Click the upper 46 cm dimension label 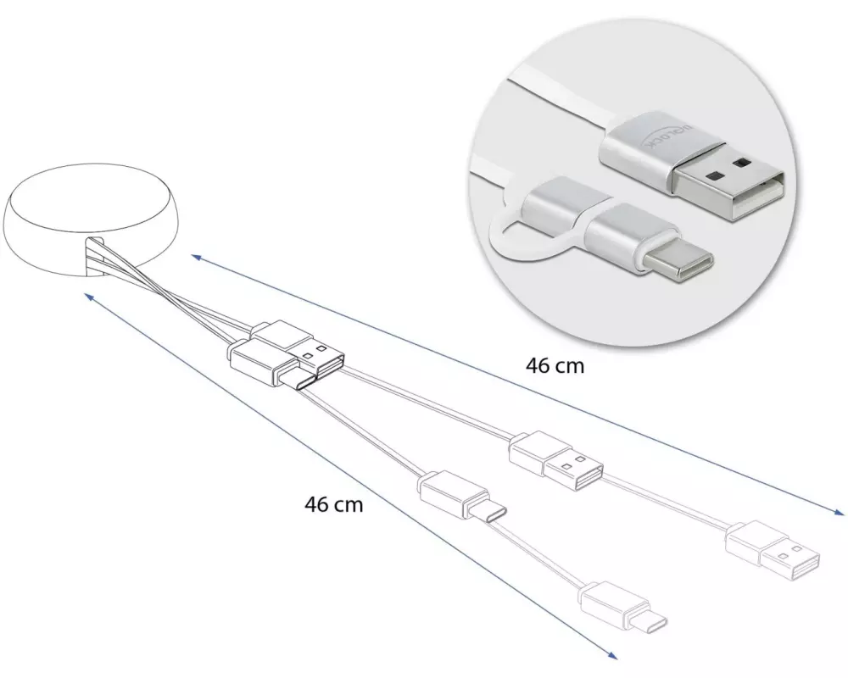555,366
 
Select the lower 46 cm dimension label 333,504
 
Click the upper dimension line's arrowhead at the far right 839,511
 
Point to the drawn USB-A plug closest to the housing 297,347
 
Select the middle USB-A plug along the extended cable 555,460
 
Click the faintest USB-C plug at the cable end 623,608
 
